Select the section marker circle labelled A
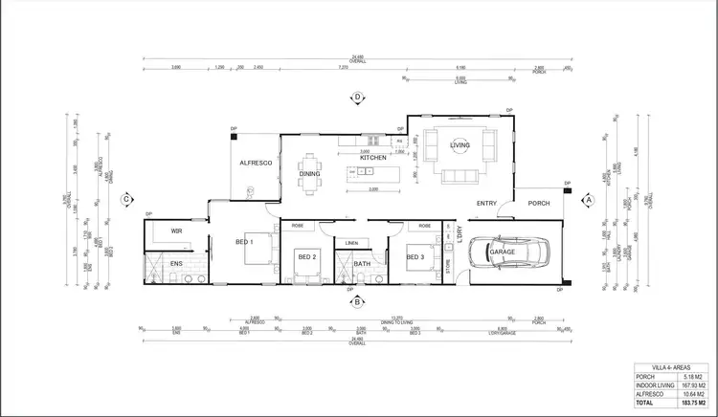click(x=589, y=199)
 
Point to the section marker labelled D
click(x=357, y=98)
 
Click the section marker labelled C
click(x=125, y=199)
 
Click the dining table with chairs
click(x=311, y=173)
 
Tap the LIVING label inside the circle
click(x=461, y=144)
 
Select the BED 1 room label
click(x=244, y=243)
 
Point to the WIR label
click(x=177, y=230)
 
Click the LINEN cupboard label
click(x=351, y=243)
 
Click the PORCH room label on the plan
click(x=539, y=203)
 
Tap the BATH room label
click(x=361, y=263)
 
